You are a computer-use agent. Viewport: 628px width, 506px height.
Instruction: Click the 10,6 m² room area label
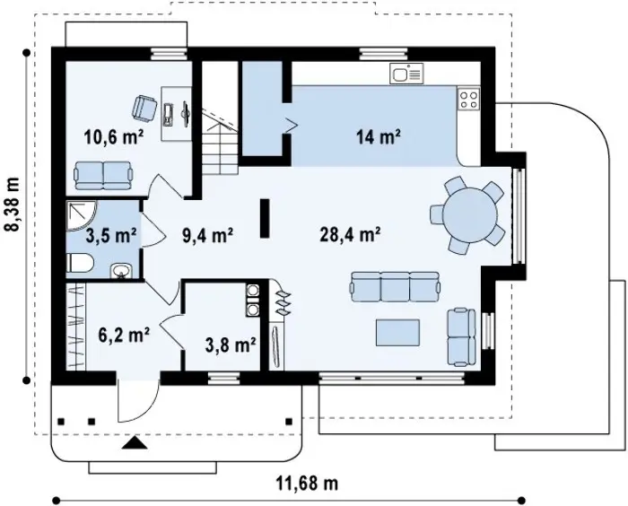coord(114,137)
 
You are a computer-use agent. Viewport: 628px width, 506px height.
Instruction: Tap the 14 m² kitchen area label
coord(379,137)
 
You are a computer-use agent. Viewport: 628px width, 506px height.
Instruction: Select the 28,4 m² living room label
coord(350,234)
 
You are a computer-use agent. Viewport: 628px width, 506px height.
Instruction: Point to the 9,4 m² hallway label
coord(207,235)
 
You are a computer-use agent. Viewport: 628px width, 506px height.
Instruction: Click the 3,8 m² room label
coord(231,345)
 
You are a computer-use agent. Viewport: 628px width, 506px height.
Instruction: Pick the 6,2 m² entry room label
coord(124,335)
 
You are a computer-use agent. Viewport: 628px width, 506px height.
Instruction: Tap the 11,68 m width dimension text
coord(307,483)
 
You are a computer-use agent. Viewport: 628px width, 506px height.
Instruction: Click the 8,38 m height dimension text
coord(13,205)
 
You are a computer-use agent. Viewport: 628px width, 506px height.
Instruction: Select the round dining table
coord(470,214)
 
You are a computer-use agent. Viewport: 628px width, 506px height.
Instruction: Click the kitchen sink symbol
coord(406,74)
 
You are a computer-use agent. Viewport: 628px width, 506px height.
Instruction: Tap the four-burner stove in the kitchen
coord(468,99)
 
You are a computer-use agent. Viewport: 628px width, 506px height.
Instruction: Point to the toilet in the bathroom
coord(79,263)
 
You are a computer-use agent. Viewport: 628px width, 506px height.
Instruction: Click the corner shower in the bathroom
coord(81,215)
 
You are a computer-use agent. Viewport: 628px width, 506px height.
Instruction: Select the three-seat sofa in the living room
coord(395,287)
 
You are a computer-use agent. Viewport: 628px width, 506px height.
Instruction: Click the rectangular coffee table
coord(397,333)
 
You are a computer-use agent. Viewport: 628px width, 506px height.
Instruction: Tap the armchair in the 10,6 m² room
coord(144,108)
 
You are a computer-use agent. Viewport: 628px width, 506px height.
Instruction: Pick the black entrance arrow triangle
coord(135,442)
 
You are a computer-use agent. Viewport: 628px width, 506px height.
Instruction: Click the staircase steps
coord(220,144)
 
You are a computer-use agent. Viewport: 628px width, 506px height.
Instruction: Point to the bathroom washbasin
coord(120,271)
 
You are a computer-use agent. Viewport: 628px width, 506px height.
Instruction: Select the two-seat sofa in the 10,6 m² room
coord(103,176)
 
